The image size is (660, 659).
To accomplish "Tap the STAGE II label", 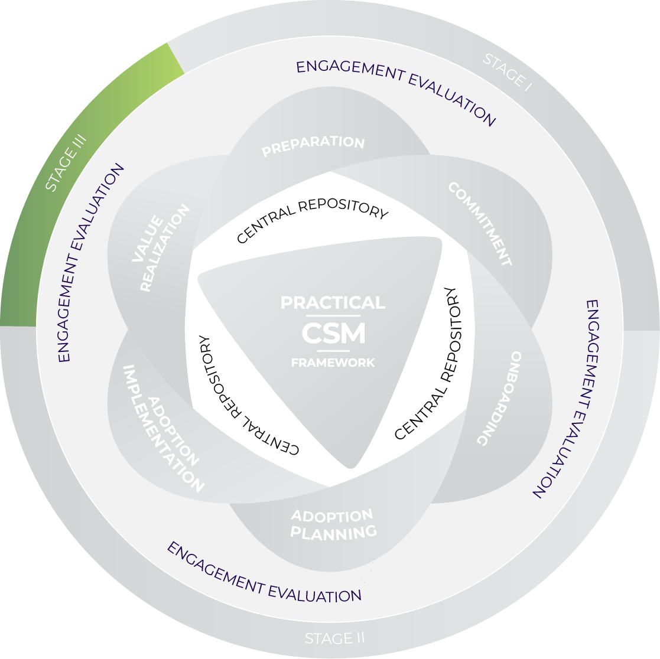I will point(335,638).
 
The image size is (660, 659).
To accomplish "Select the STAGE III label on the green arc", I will point(67,162).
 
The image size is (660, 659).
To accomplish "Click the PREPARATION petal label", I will point(313,146).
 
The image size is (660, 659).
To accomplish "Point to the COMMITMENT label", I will point(480,224).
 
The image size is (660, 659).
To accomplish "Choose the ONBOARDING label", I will point(500,399).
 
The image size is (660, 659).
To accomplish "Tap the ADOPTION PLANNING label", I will point(333,524).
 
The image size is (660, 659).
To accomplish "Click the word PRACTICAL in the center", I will point(333,303).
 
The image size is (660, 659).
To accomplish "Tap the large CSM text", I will point(333,334).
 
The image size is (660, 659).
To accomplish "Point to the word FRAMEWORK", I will point(333,363).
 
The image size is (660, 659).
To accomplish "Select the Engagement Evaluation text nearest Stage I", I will point(396,92).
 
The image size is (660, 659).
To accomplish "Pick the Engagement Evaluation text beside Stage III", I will point(92,263).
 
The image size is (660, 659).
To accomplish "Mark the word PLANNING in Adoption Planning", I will point(333,533).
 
